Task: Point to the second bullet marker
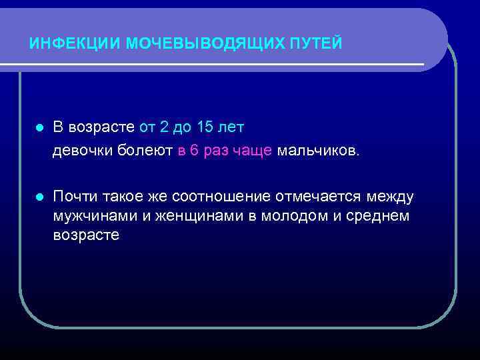[39, 197]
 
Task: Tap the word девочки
[82, 151]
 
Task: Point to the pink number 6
[194, 151]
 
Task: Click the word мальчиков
[318, 151]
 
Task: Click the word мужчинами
[93, 216]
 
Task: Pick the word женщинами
[199, 216]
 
